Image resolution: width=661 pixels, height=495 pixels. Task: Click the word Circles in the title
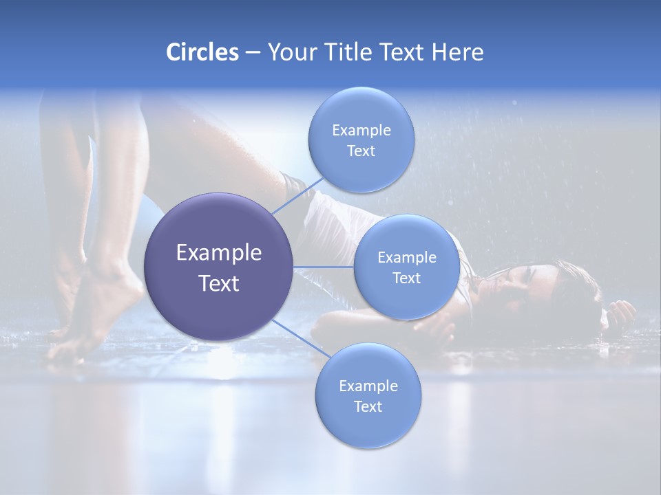(202, 52)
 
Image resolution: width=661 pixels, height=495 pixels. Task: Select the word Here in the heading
(458, 52)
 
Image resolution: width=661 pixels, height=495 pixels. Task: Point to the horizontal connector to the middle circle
(324, 267)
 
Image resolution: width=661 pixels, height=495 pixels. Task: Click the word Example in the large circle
(219, 253)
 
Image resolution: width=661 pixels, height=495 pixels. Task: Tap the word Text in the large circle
(219, 283)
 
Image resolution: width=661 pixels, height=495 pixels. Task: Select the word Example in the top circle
(361, 130)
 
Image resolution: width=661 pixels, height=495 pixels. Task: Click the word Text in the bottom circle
(368, 406)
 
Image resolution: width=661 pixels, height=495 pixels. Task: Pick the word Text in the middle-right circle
(407, 278)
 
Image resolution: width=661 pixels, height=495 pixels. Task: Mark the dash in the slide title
(252, 53)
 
